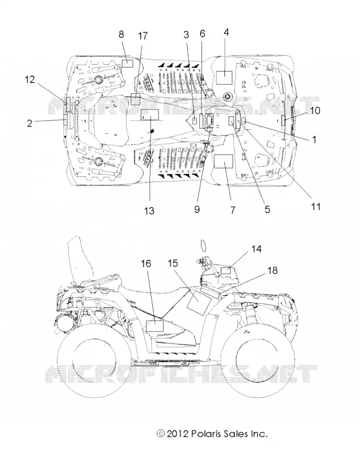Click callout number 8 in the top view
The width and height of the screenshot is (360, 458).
pos(121,34)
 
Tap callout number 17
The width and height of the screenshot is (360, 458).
pos(143,36)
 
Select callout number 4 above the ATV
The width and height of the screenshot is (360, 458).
pos(226,32)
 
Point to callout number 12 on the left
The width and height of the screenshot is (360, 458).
pos(30,80)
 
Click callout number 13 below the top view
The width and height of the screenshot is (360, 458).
pos(149,211)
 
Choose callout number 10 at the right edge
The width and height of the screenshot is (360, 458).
pos(315,110)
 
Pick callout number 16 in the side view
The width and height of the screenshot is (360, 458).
pos(146,263)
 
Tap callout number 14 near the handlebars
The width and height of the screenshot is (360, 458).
pos(256,249)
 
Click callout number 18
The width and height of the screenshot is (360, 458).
pos(272,270)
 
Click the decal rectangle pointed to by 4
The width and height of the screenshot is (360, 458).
pos(224,77)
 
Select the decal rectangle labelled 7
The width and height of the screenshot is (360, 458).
pos(223,161)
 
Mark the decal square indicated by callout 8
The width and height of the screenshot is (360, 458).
pos(127,63)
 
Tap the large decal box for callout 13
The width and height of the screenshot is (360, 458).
pos(150,115)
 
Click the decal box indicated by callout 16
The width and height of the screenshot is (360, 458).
pos(155,326)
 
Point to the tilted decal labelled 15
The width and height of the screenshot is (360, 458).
pos(199,301)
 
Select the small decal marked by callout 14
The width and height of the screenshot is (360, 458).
pos(226,270)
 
